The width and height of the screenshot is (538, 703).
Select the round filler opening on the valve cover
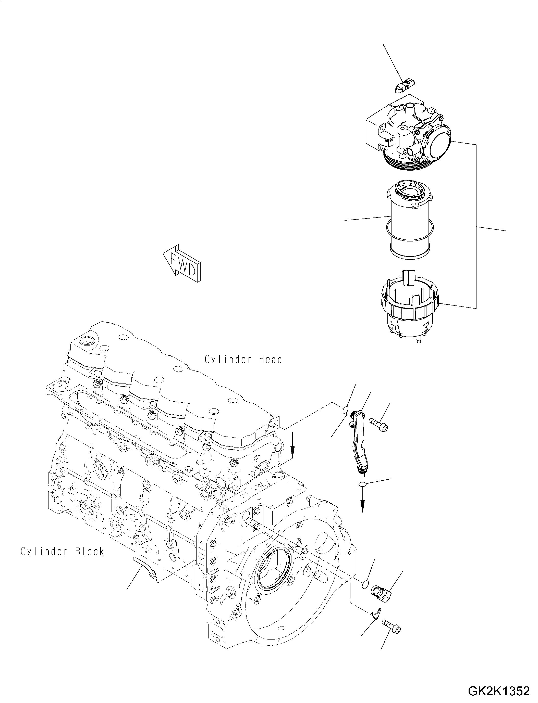87,341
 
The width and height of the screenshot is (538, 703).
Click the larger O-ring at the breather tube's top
345,409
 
